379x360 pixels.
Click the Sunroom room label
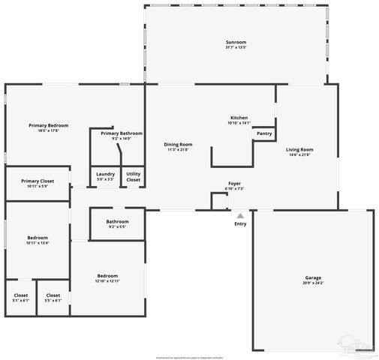tap(236, 43)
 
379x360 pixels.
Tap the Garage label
tap(313, 279)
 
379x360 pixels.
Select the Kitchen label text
tap(239, 118)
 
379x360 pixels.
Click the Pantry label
tap(264, 133)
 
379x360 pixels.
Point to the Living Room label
tap(299, 149)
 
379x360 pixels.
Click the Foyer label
tap(235, 183)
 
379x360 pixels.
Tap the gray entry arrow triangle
tap(240, 215)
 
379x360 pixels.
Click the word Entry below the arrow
tap(240, 224)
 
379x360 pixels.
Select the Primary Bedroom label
tap(49, 125)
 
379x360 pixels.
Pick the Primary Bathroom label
tap(121, 133)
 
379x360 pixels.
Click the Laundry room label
tap(106, 174)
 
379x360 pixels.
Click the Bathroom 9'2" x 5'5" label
tap(117, 221)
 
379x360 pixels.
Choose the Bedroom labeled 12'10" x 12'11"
tap(106, 276)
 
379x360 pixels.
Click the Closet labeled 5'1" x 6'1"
tap(21, 295)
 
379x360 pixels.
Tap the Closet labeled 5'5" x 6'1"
tap(53, 295)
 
